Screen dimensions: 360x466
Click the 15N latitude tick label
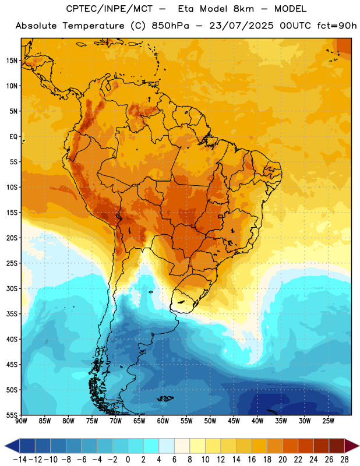tap(12, 61)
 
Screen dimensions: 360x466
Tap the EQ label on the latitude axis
tap(13, 137)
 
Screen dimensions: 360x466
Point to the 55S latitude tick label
tap(12, 415)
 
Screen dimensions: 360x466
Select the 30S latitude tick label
tap(12, 288)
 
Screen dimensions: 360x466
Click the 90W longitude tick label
tap(21, 421)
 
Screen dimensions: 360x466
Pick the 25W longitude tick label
tap(328, 421)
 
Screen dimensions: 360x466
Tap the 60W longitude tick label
tap(163, 421)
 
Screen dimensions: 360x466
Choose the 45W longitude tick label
tap(234, 421)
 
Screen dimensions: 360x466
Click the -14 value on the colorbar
tap(20, 460)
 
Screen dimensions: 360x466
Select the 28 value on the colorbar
tap(344, 460)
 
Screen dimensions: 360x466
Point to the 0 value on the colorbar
tap(128, 460)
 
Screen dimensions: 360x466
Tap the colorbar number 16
tap(252, 460)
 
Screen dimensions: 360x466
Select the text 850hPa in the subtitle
tap(170, 26)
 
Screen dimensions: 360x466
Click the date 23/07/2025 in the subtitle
tap(241, 26)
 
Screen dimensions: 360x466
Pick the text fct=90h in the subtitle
tap(337, 26)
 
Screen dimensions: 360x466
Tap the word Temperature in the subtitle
tap(93, 26)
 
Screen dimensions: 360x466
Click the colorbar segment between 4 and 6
tap(167, 446)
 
